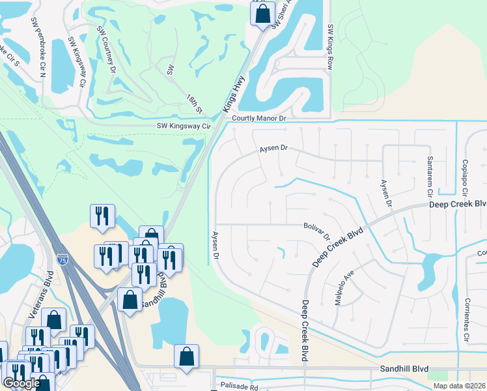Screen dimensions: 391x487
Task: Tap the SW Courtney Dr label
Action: (x=107, y=48)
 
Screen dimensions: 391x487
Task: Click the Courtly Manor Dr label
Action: (x=259, y=118)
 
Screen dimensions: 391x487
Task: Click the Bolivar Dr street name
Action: (x=317, y=230)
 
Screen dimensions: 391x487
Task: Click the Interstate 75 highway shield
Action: (x=62, y=259)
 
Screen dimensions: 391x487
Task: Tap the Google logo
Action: (x=21, y=383)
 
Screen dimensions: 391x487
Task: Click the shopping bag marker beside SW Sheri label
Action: (x=262, y=12)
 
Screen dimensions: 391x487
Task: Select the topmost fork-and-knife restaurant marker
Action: (x=102, y=216)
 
